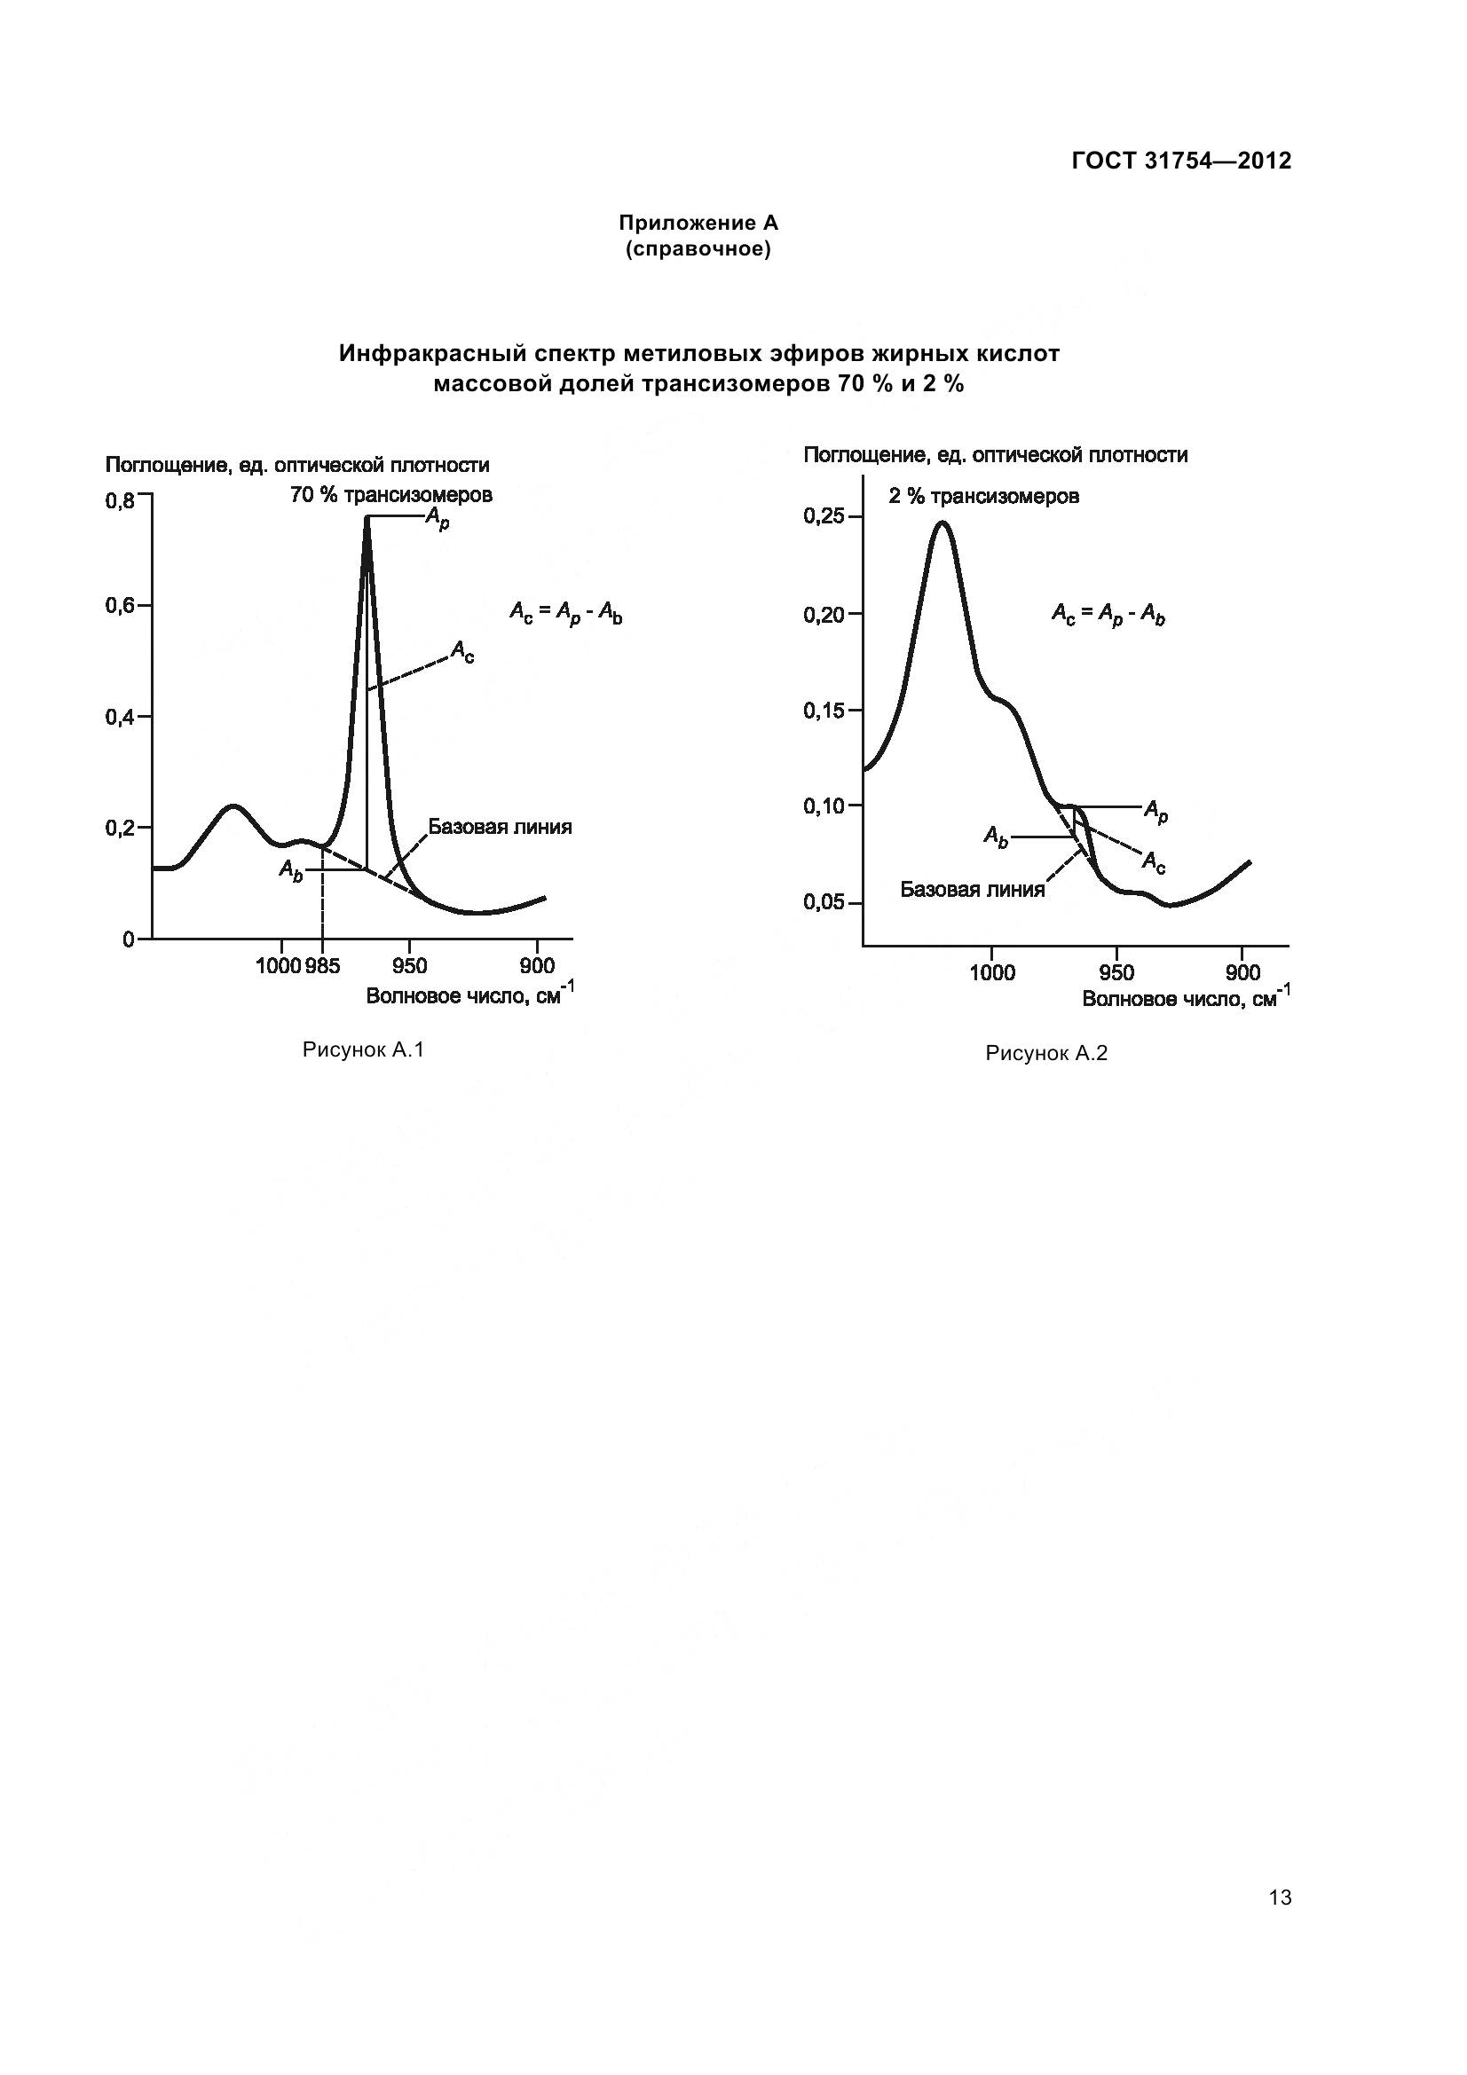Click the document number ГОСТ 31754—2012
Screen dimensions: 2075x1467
coord(1181,161)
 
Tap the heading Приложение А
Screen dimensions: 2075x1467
coord(698,223)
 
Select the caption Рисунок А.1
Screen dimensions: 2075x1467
coord(363,1049)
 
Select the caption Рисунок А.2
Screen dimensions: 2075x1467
coord(1045,1053)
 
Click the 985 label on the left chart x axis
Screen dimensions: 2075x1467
coord(323,966)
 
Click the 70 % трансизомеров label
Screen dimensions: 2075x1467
coord(391,495)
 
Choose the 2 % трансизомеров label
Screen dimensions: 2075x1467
coord(983,496)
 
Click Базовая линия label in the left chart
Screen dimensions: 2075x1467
coord(500,827)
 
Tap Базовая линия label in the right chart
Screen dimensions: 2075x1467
coord(972,889)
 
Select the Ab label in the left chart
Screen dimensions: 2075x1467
coord(290,870)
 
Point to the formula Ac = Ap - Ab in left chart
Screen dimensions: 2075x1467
coord(566,614)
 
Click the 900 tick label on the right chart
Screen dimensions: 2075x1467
coord(1242,972)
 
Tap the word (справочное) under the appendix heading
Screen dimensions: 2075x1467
coord(698,249)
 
